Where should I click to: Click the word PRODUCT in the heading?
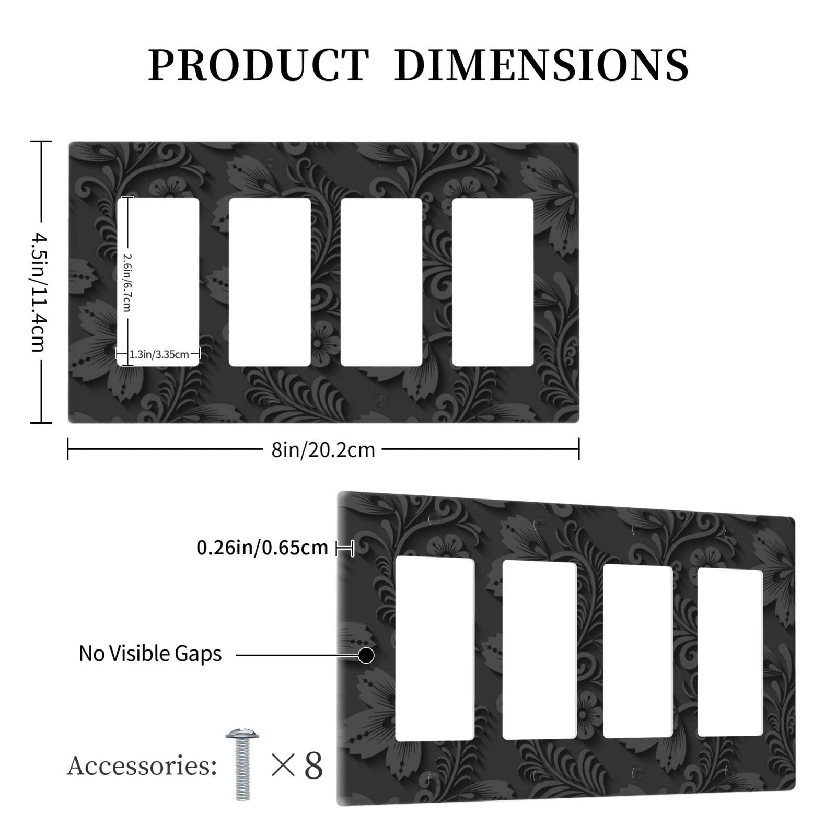coord(259,65)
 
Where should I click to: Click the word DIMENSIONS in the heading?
coord(541,65)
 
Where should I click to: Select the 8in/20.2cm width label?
coord(323,450)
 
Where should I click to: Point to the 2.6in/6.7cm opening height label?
coord(127,282)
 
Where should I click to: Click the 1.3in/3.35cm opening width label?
coord(159,354)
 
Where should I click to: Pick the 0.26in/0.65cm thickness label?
coord(262,548)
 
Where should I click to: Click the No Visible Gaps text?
coord(150,654)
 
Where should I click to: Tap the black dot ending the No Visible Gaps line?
coord(366,655)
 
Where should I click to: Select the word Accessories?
coord(142,767)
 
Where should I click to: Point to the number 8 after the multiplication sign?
coord(313,767)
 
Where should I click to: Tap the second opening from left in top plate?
coord(270,282)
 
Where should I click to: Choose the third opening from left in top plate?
coord(381,282)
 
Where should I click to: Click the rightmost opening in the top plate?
coord(492,282)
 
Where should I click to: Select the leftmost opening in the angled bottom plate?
coord(435,648)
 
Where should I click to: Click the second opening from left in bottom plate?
coord(539,650)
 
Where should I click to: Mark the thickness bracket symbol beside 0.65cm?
coord(345,549)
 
